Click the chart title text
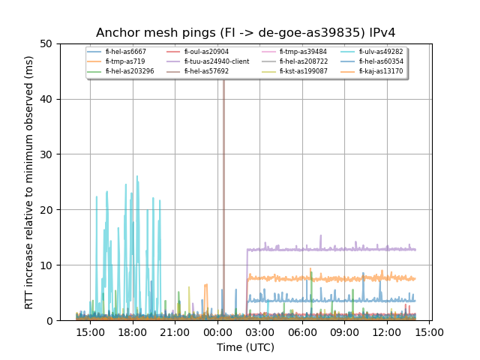pos(245,33)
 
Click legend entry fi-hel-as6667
pos(125,52)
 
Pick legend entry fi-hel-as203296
pos(129,71)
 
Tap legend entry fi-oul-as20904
pos(208,52)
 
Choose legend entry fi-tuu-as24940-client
pos(219,61)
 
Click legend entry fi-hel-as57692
pos(208,71)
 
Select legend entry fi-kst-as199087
pos(303,71)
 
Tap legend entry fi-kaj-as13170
pos(380,71)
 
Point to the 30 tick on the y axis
pos(52,154)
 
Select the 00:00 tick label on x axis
pos(217,331)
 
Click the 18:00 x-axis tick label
pos(133,331)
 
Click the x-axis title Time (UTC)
pos(245,347)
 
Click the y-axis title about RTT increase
pos(29,182)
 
